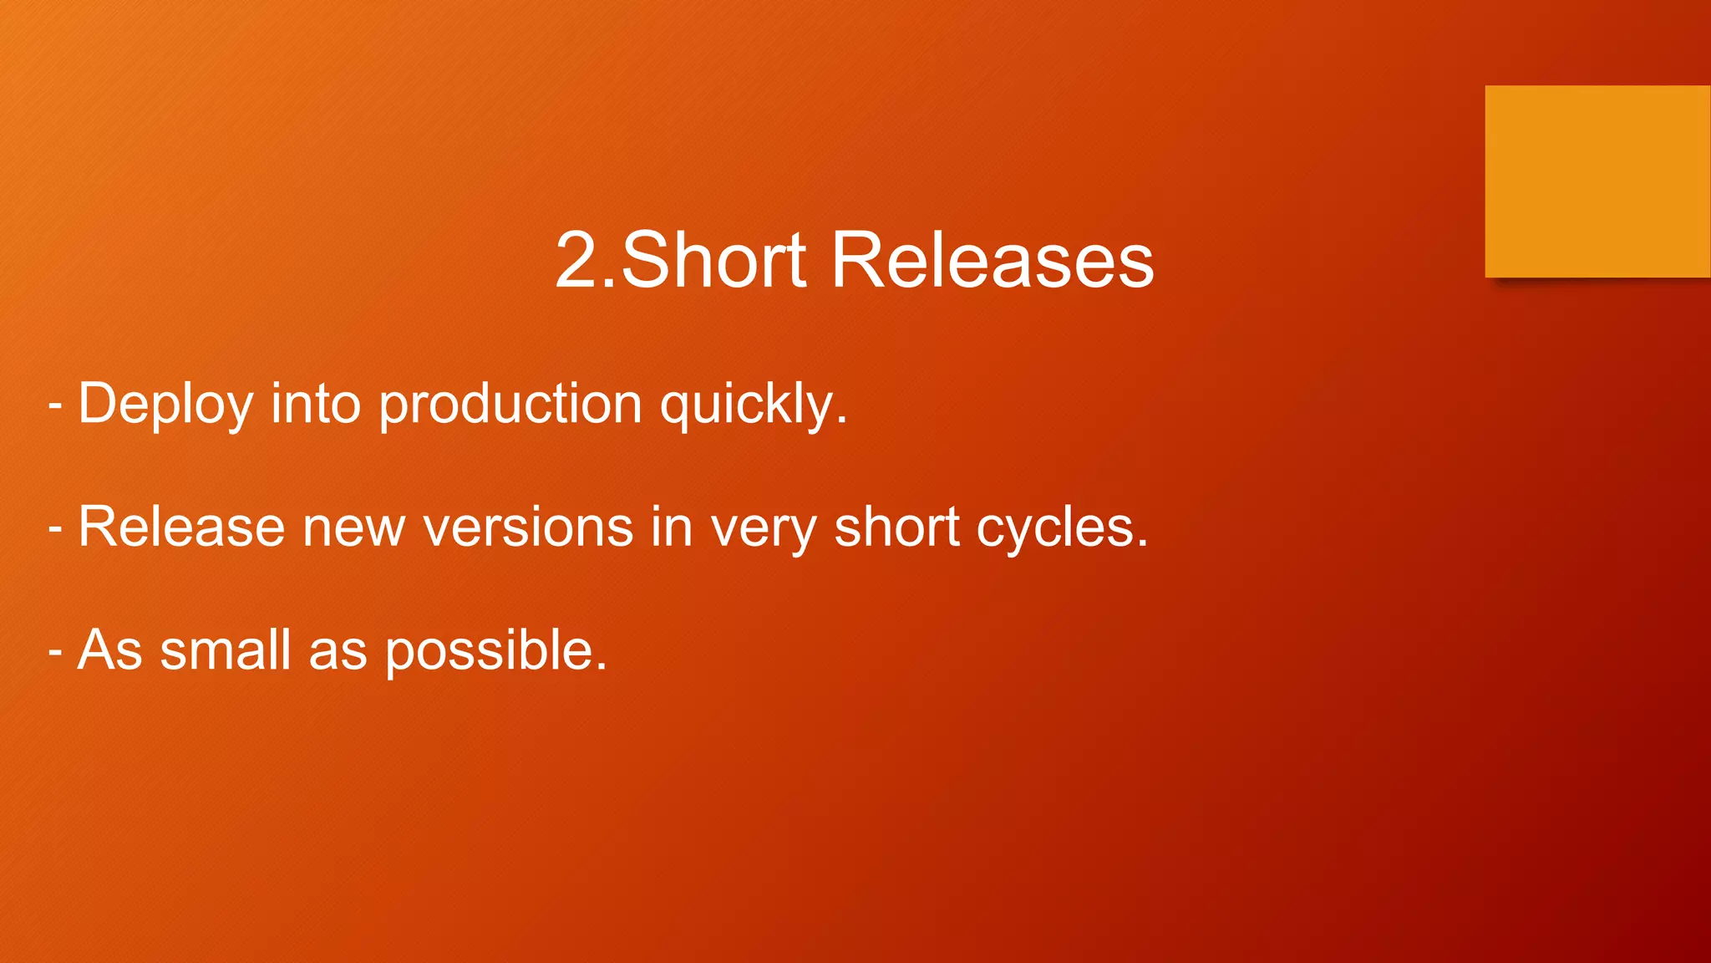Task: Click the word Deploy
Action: (x=165, y=405)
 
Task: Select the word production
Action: (x=510, y=405)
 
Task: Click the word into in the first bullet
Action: (x=316, y=403)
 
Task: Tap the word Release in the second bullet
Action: (x=181, y=527)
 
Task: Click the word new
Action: (x=353, y=528)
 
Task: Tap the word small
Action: (x=226, y=650)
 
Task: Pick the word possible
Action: (x=495, y=651)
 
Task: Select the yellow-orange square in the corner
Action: (x=1597, y=181)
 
